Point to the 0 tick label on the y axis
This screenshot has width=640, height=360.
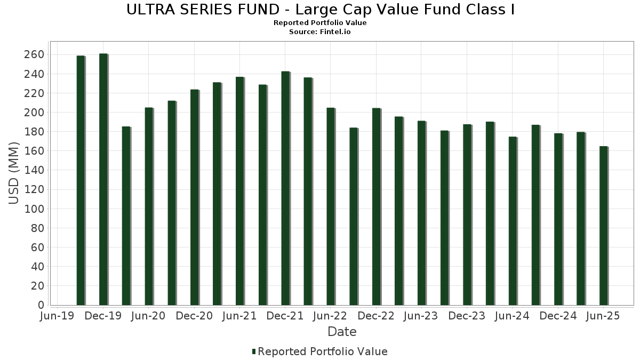pyautogui.click(x=41, y=305)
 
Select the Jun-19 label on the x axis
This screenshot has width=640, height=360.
pyautogui.click(x=58, y=316)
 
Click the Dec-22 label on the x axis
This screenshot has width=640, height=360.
pyautogui.click(x=376, y=316)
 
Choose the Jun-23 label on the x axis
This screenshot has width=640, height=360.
pyautogui.click(x=421, y=316)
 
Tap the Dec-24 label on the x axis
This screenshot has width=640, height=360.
pyautogui.click(x=558, y=316)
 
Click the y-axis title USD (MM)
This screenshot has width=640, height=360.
pyautogui.click(x=14, y=173)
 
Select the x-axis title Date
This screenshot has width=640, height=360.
pyautogui.click(x=342, y=332)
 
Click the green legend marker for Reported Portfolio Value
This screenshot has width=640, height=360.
pyautogui.click(x=254, y=351)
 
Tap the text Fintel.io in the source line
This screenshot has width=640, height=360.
pyautogui.click(x=335, y=32)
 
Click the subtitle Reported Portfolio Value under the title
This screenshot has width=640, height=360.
pyautogui.click(x=320, y=23)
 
